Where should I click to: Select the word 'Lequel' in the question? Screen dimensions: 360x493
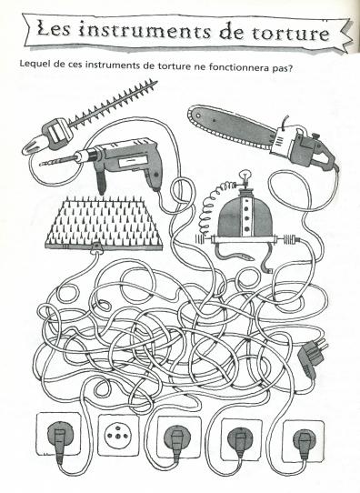coord(33,65)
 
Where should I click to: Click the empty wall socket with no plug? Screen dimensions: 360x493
coord(118,435)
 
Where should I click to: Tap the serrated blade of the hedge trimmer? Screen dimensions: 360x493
coord(112,103)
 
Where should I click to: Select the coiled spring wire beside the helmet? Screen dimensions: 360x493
coord(213,206)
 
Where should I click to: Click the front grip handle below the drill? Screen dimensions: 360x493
coord(101,181)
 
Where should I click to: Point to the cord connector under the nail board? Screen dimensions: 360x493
coord(95,248)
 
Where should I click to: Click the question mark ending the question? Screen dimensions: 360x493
coord(290,68)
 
